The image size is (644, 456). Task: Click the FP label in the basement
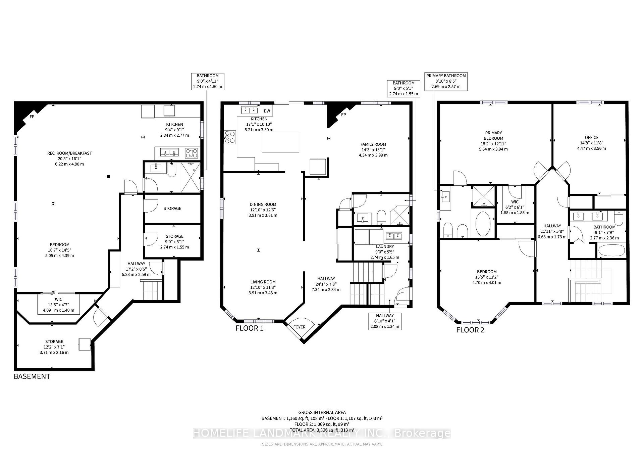pyautogui.click(x=32, y=117)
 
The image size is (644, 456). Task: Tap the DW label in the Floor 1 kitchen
pyautogui.click(x=267, y=111)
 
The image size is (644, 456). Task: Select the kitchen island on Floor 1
pyautogui.click(x=280, y=142)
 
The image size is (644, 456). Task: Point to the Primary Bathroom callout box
pyautogui.click(x=446, y=81)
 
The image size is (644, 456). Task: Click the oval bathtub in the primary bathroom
pyautogui.click(x=483, y=224)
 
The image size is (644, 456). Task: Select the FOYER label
pyautogui.click(x=299, y=327)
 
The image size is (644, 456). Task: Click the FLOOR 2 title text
pyautogui.click(x=470, y=330)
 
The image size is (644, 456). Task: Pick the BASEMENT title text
pyautogui.click(x=32, y=376)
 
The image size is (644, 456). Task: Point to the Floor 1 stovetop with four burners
pyautogui.click(x=230, y=137)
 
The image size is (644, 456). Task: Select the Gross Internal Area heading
pyautogui.click(x=322, y=412)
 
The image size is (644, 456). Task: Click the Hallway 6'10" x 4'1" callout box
pyautogui.click(x=385, y=321)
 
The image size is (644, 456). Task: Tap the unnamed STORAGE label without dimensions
pyautogui.click(x=172, y=209)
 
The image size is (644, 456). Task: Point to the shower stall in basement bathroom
pyautogui.click(x=191, y=177)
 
